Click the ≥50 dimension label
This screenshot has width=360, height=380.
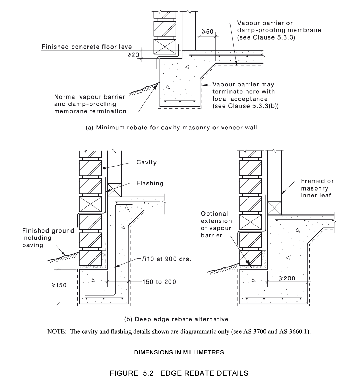pyautogui.click(x=208, y=32)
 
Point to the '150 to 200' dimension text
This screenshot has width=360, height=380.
pyautogui.click(x=159, y=282)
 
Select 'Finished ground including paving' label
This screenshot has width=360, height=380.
pyautogui.click(x=48, y=238)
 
